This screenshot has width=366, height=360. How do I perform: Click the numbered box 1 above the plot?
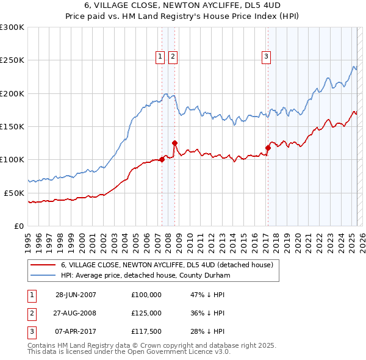pos(160,57)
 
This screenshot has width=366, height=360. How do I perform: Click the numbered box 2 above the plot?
pos(173,57)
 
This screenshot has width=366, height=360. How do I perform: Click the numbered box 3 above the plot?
pos(267,57)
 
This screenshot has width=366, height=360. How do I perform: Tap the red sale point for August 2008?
pos(174,143)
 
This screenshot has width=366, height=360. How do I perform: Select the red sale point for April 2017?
pos(268,148)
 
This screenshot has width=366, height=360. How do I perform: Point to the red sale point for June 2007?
pos(162,160)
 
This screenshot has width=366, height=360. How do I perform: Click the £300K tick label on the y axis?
pos(12,27)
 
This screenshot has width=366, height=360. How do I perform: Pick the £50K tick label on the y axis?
pos(14,193)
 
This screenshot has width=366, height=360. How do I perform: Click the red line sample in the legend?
pos(43,265)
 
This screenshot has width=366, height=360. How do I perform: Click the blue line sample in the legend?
pos(43,276)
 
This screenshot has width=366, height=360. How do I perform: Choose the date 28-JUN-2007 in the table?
pos(76,295)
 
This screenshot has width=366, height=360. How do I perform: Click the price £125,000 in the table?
pos(146,313)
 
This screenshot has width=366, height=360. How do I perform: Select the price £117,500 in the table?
pos(146,332)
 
